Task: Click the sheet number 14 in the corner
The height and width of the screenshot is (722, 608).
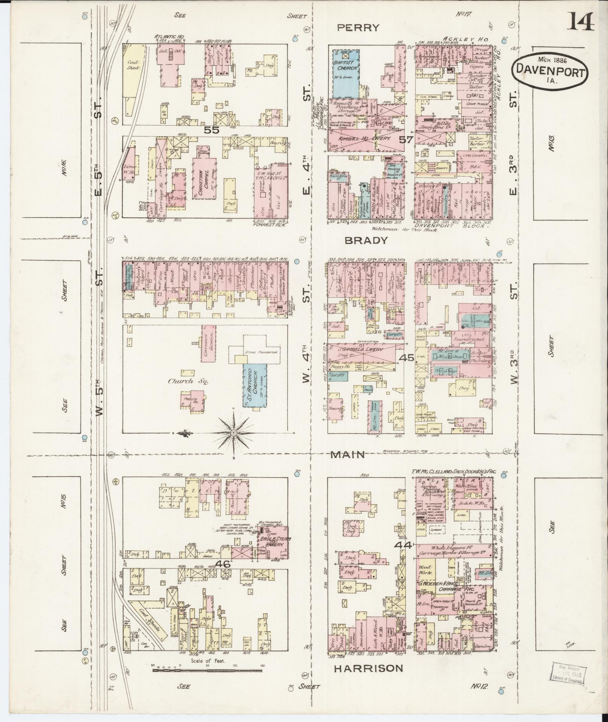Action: (581, 22)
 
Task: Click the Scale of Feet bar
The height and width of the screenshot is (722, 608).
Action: (207, 670)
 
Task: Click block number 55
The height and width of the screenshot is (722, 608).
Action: (211, 130)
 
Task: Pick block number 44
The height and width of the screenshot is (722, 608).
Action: (402, 545)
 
